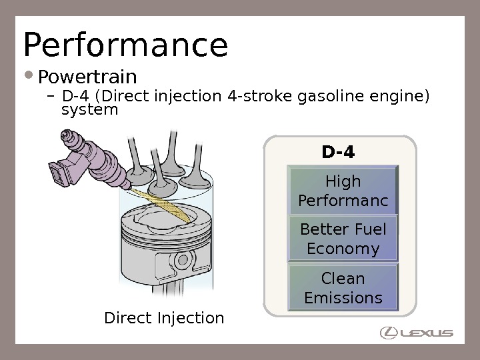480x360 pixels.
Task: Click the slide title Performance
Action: click(125, 45)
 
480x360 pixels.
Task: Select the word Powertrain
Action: click(87, 77)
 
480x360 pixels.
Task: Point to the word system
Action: click(89, 109)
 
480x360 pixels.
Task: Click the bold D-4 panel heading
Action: click(338, 153)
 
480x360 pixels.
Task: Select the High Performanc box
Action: click(343, 191)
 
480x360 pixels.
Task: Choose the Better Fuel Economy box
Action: click(343, 239)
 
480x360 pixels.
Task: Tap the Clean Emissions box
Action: click(343, 287)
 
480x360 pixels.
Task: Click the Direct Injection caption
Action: click(164, 318)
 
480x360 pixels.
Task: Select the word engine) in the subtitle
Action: click(401, 97)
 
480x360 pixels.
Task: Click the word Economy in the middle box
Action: click(343, 249)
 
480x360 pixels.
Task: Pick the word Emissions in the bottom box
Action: click(343, 297)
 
